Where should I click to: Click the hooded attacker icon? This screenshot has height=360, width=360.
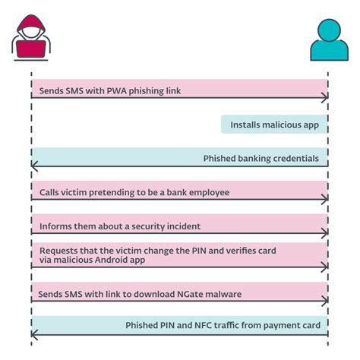pos(31,38)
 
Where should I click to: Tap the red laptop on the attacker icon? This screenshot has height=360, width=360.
pos(31,49)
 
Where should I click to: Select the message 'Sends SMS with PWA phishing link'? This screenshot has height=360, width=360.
pos(110,91)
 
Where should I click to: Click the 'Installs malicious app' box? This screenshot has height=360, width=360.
pos(274,125)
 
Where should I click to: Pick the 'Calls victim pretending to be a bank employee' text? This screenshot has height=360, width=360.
pos(134,192)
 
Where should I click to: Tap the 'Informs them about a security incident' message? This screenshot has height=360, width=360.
pos(120,226)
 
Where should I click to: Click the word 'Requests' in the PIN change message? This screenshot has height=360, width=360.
pos(58,250)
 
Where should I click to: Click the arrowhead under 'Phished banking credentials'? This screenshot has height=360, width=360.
pos(33,166)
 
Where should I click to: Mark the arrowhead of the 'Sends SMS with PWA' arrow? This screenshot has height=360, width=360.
pos(325,98)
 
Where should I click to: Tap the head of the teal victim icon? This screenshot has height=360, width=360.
pos(329,30)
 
